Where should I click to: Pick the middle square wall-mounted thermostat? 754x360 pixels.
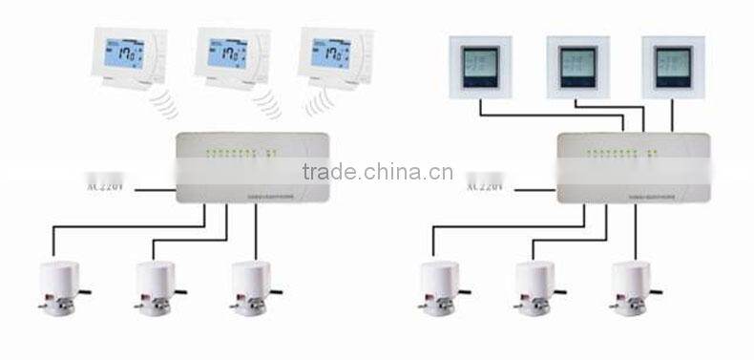[576, 68]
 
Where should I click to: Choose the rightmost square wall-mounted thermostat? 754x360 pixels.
[672, 68]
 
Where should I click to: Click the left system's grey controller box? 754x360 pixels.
[252, 168]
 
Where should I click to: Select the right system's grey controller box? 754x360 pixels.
[634, 168]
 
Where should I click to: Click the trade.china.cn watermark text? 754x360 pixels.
[377, 172]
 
